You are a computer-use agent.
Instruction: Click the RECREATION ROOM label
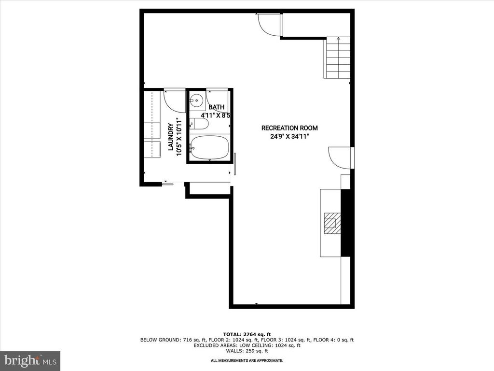[289, 128]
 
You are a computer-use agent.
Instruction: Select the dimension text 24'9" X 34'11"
[289, 136]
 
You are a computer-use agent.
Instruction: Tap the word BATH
[216, 107]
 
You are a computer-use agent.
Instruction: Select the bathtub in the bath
[209, 147]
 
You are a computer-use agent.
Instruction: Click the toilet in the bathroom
[199, 124]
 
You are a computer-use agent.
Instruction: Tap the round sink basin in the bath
[196, 101]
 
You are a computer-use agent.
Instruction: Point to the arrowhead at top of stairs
[338, 39]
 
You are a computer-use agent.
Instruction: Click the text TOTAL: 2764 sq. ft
[247, 334]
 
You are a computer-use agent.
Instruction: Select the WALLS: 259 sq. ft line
[247, 351]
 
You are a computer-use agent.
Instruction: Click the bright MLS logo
[30, 360]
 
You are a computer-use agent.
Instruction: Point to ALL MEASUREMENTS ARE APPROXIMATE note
[247, 361]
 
